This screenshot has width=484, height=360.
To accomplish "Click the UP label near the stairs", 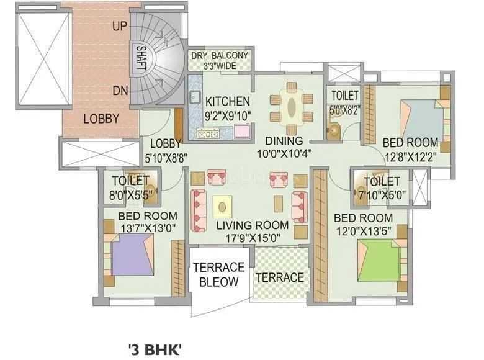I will click(x=120, y=26).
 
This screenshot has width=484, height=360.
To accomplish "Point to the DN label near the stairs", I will click(x=120, y=91).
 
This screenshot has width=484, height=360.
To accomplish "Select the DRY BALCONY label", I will click(x=220, y=56).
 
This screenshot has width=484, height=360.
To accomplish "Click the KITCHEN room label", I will click(x=228, y=101).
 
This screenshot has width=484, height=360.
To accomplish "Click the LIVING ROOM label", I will click(x=253, y=225).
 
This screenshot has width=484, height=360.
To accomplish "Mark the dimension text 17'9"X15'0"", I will click(x=253, y=236).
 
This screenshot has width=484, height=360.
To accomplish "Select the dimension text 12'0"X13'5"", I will click(x=363, y=230).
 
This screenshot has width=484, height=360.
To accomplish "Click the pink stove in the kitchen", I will click(x=242, y=130).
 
